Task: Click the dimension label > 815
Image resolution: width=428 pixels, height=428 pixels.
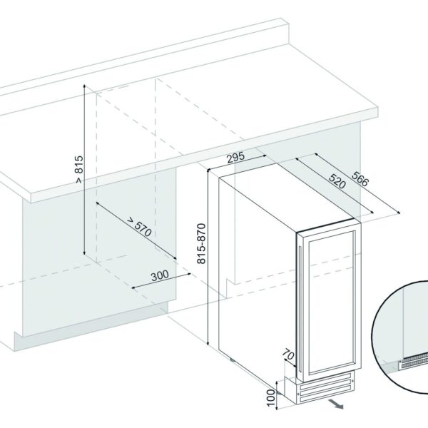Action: pyautogui.click(x=78, y=170)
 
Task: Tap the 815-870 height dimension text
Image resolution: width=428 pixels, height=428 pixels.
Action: pyautogui.click(x=202, y=243)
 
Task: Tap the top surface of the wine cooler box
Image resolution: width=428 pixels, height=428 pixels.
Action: pyautogui.click(x=285, y=193)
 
